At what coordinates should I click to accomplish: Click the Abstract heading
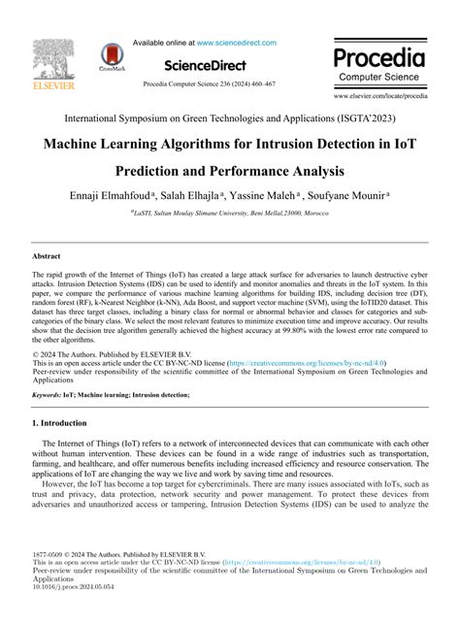(x=47, y=256)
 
